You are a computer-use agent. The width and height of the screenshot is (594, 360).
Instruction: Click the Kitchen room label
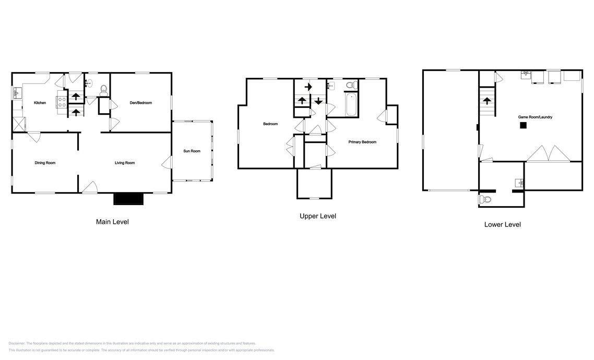coord(40,103)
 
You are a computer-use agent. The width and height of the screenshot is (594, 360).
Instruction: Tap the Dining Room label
coord(45,163)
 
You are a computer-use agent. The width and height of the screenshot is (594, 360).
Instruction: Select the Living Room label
coord(125,163)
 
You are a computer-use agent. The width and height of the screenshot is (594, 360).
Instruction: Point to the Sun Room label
coord(192,151)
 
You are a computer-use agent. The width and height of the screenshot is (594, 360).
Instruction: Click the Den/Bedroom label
coord(140,103)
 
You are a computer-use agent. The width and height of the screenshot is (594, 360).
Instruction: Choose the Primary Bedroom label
coord(362,142)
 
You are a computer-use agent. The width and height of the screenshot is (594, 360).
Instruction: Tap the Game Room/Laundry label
coord(535,117)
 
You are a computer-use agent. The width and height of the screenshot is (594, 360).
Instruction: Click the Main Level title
coord(112,222)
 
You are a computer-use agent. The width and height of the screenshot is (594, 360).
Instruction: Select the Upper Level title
coord(318,216)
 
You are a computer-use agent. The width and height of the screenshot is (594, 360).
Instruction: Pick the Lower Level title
coord(502,224)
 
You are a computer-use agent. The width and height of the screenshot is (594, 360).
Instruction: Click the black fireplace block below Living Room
coord(128,199)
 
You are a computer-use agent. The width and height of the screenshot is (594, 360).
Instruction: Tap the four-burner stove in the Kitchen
coord(62,102)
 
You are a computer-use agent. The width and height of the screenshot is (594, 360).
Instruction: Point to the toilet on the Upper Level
coord(351,85)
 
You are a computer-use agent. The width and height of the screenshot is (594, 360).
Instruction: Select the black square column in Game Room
coord(522,125)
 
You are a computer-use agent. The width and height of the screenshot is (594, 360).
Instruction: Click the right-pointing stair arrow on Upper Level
coord(308,87)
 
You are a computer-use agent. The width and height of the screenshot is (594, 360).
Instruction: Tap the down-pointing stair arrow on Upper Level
coord(318,101)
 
